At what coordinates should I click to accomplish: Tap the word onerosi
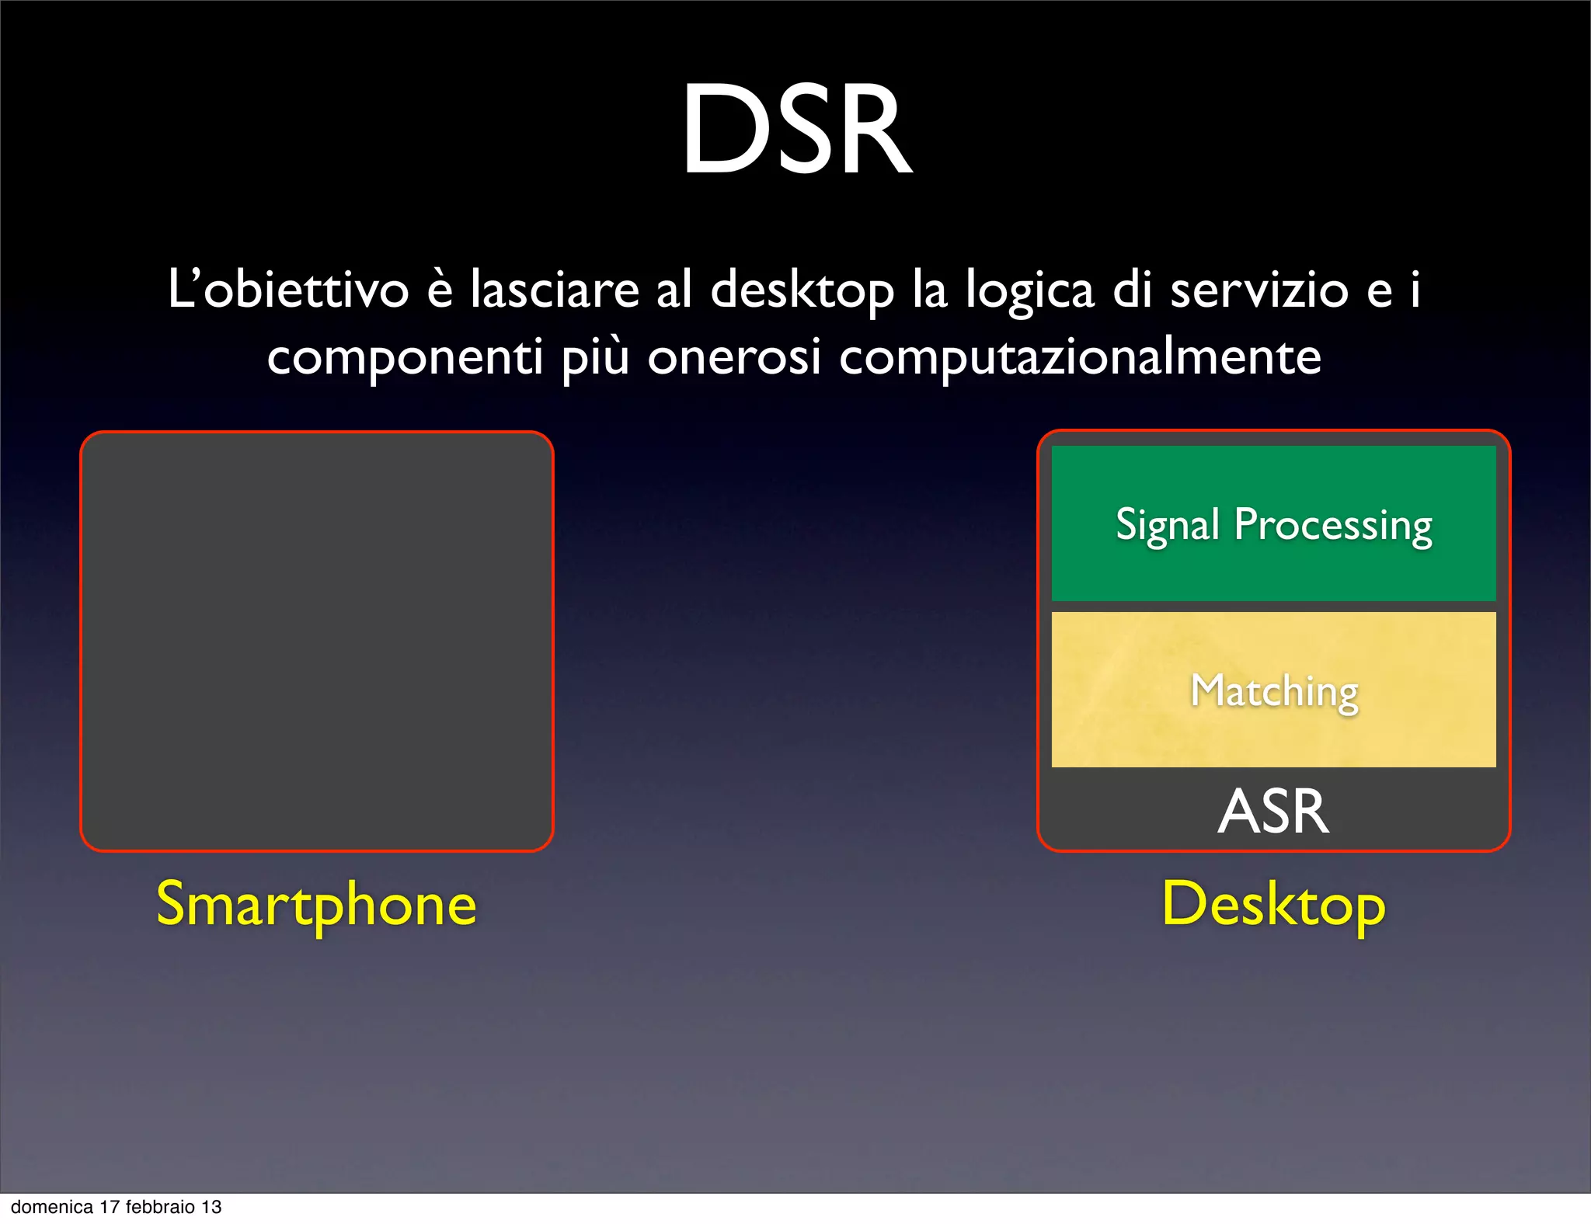click(734, 358)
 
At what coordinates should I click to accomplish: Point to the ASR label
click(1273, 812)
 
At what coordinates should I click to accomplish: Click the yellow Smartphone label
click(316, 905)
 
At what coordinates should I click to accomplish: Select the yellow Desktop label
click(1273, 905)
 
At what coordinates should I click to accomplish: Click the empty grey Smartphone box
click(316, 641)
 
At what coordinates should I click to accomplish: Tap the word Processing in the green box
click(1333, 526)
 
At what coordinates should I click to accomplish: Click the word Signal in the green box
click(1168, 526)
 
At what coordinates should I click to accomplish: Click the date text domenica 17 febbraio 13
click(117, 1207)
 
